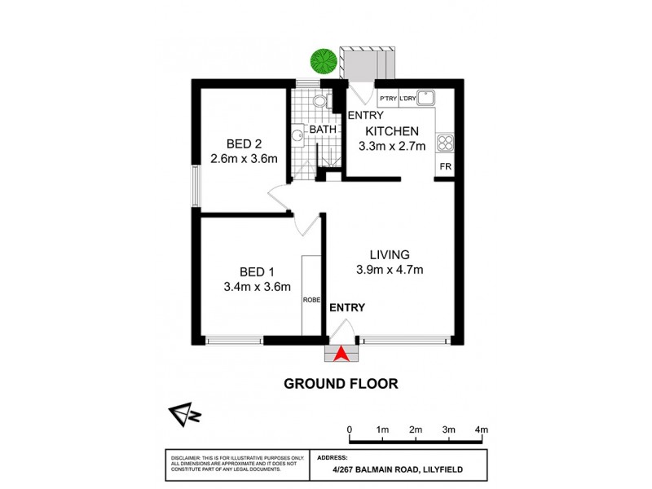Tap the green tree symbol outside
(324, 60)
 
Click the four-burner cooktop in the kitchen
(446, 143)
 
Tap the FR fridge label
(445, 166)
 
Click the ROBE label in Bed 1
(311, 299)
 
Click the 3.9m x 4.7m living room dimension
(389, 270)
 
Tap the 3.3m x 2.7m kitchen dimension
(392, 147)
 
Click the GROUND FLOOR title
(340, 383)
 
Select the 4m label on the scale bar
(481, 430)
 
